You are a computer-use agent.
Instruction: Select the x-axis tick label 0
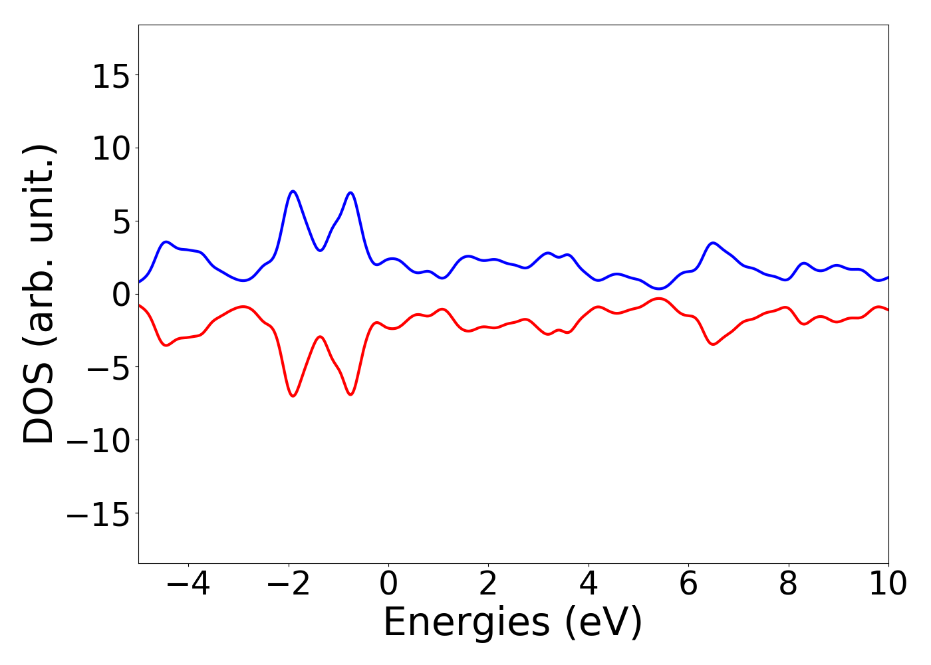[388, 585]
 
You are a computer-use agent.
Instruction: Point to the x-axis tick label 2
[488, 585]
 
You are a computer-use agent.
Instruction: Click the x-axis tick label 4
[589, 585]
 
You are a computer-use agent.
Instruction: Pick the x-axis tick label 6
[688, 585]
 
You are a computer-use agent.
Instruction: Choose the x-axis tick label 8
[788, 585]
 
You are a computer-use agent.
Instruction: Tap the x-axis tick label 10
[887, 585]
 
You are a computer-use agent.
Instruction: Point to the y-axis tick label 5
[120, 221]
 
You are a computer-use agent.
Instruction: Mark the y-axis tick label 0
[120, 295]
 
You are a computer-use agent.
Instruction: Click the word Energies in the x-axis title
[465, 623]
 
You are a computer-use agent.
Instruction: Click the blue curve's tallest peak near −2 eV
[293, 191]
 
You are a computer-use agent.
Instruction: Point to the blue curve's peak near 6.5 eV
[713, 243]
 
